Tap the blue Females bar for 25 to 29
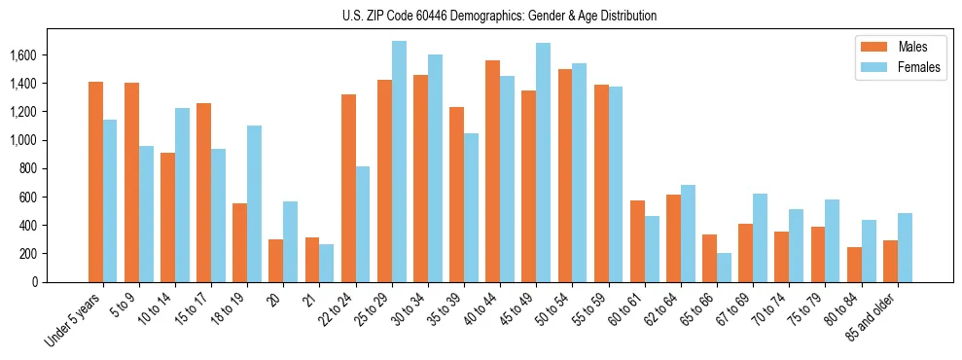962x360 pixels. tap(399, 162)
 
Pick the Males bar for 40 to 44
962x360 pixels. tap(492, 171)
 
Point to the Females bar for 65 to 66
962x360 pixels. tap(724, 268)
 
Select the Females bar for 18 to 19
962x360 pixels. tap(255, 204)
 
